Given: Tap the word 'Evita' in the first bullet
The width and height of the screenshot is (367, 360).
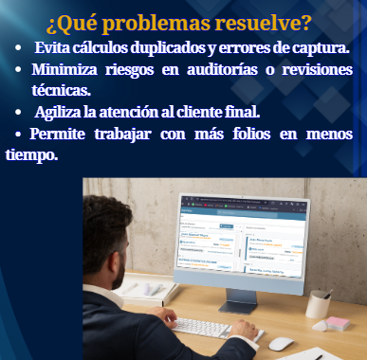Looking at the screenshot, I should pos(55,48).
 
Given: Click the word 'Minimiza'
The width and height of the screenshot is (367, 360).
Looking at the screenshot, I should pos(68,69).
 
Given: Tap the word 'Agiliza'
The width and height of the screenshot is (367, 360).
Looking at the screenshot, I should pos(64,112).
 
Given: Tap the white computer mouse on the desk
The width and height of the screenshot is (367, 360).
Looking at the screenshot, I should pos(282,343).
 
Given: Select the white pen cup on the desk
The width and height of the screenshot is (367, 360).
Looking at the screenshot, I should pos(318,304).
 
